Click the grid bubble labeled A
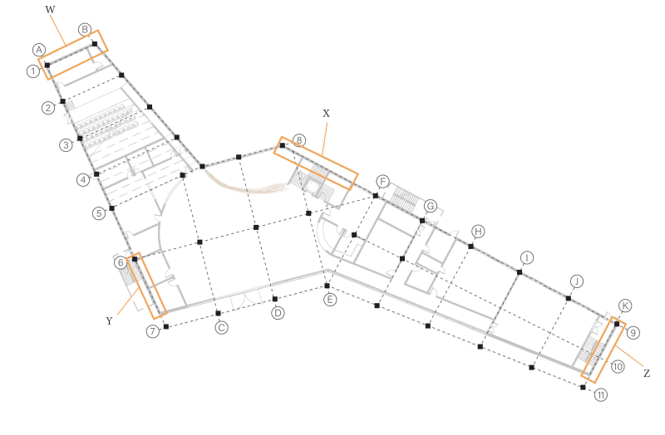[x=39, y=50]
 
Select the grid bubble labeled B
[x=85, y=29]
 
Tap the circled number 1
[x=32, y=71]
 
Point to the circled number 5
[x=99, y=213]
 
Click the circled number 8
[x=299, y=139]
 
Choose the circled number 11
[x=601, y=395]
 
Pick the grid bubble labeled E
[x=330, y=299]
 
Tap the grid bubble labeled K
[x=625, y=305]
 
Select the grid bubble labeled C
[x=222, y=328]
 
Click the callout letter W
[x=50, y=10]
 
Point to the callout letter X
[x=327, y=112]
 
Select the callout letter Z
[x=646, y=374]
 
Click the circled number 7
[x=153, y=331]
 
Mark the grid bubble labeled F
[x=382, y=181]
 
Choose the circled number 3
[x=66, y=144]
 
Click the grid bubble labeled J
[x=578, y=280]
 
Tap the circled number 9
[x=633, y=333]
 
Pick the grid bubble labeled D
[x=278, y=313]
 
